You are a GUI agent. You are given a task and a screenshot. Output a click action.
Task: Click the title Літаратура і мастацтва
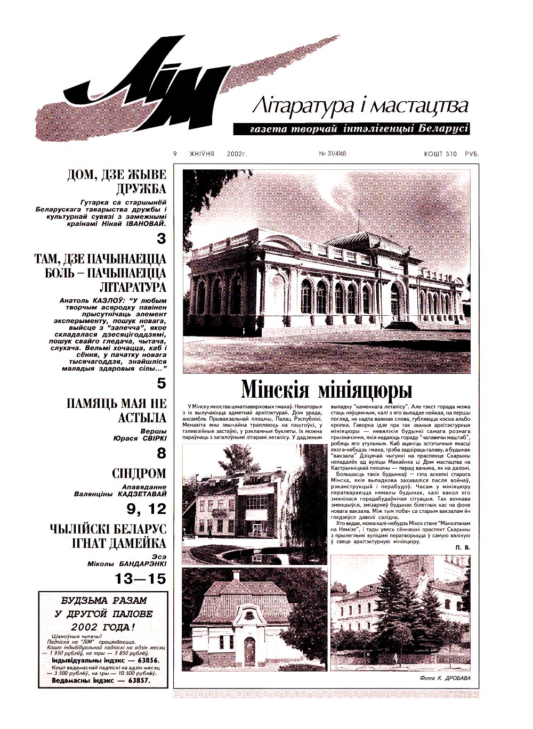(x=361, y=106)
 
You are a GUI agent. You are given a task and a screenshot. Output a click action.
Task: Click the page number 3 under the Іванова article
(x=161, y=239)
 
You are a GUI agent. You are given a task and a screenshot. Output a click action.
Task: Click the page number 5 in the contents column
(x=161, y=383)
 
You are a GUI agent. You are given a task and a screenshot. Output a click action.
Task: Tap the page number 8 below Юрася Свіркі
(x=161, y=454)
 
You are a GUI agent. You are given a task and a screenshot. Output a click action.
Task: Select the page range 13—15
(x=141, y=579)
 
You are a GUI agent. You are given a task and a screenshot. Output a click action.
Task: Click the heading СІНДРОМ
(x=139, y=473)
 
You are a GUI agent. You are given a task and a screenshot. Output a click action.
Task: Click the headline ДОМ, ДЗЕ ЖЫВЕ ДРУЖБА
(x=117, y=182)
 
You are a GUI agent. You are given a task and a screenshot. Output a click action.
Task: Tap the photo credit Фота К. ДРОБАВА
(x=442, y=678)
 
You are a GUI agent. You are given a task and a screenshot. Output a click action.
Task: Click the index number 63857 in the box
(x=135, y=680)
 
